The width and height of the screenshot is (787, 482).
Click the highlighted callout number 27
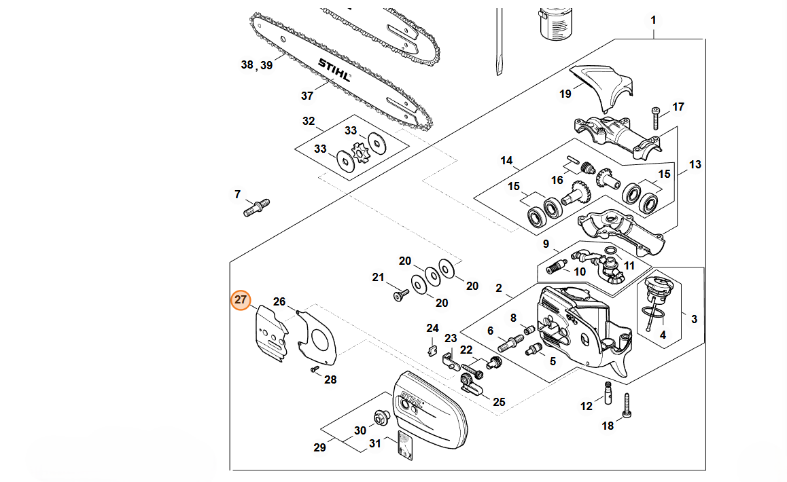pos(241,300)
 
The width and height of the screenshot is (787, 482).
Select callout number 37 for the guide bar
pos(307,96)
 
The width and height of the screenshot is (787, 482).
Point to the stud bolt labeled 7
pos(256,206)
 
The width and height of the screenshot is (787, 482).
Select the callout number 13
pos(695,164)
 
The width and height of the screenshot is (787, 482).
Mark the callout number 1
pos(653,20)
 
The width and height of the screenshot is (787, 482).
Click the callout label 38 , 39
pos(257,65)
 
